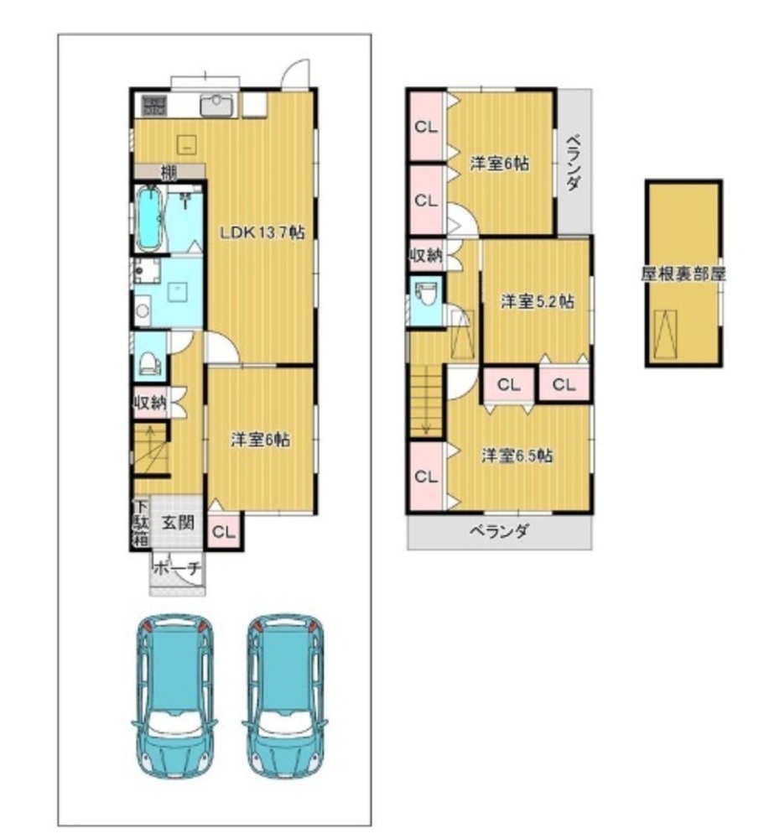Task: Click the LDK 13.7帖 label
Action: (x=262, y=232)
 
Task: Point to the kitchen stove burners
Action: (x=154, y=105)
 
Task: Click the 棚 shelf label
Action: (x=169, y=172)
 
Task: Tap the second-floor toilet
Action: (x=426, y=294)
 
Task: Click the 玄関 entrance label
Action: (x=178, y=522)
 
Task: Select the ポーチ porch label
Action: (x=178, y=568)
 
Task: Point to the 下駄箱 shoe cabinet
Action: (x=141, y=523)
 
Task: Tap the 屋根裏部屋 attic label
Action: (x=683, y=274)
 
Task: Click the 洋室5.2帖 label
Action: (x=538, y=302)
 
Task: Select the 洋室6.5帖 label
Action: (x=517, y=456)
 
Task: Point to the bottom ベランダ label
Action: (x=500, y=531)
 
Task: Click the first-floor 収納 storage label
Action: (x=150, y=403)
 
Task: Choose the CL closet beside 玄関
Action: (x=224, y=532)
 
